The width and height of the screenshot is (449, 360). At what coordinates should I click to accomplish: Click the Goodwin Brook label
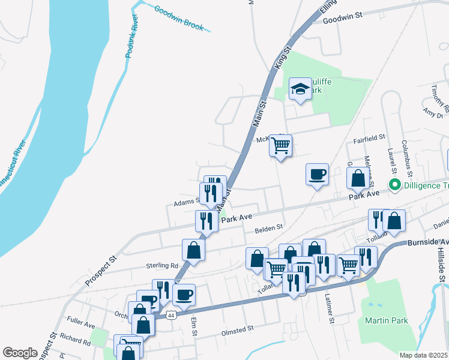tap(179, 19)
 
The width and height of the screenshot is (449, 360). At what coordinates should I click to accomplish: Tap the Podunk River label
tap(132, 41)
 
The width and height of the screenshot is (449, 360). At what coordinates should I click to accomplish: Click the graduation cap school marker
tap(300, 90)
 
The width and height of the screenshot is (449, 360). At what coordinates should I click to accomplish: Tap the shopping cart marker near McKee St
tap(281, 145)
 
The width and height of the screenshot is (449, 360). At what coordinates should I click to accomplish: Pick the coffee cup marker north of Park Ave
tap(317, 175)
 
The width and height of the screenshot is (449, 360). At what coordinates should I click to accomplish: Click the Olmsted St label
tap(238, 329)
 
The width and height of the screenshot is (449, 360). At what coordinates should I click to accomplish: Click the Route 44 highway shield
tap(172, 314)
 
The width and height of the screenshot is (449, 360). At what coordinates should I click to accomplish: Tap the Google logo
tap(20, 352)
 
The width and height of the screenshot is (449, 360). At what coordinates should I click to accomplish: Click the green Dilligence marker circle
tap(395, 185)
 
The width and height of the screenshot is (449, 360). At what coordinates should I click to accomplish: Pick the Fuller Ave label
tap(82, 325)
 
